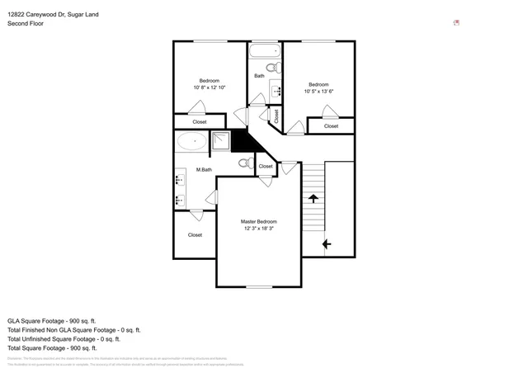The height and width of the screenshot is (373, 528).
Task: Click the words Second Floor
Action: tap(26, 24)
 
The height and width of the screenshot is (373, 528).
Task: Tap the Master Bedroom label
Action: tap(258, 221)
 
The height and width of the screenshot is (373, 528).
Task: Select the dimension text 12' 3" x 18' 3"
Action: tap(258, 229)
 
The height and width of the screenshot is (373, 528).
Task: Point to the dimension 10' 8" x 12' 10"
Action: tap(209, 87)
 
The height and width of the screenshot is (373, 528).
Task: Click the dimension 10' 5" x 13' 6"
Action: tap(318, 91)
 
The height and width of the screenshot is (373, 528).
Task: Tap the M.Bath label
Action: tap(204, 170)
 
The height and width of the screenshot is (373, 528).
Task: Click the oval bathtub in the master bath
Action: tap(191, 141)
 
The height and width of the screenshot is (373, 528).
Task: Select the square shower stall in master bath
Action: tap(220, 141)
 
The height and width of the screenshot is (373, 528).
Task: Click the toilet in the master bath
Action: tap(244, 163)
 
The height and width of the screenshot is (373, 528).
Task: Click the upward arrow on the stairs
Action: tap(313, 198)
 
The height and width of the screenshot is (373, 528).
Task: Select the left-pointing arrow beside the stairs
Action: tap(327, 243)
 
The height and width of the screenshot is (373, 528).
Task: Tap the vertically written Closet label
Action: tap(276, 116)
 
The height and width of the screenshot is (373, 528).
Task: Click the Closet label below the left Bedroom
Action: tap(200, 122)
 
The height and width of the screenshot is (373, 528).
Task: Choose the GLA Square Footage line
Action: tap(52, 320)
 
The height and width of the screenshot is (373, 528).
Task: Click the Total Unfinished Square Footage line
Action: tap(64, 338)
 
